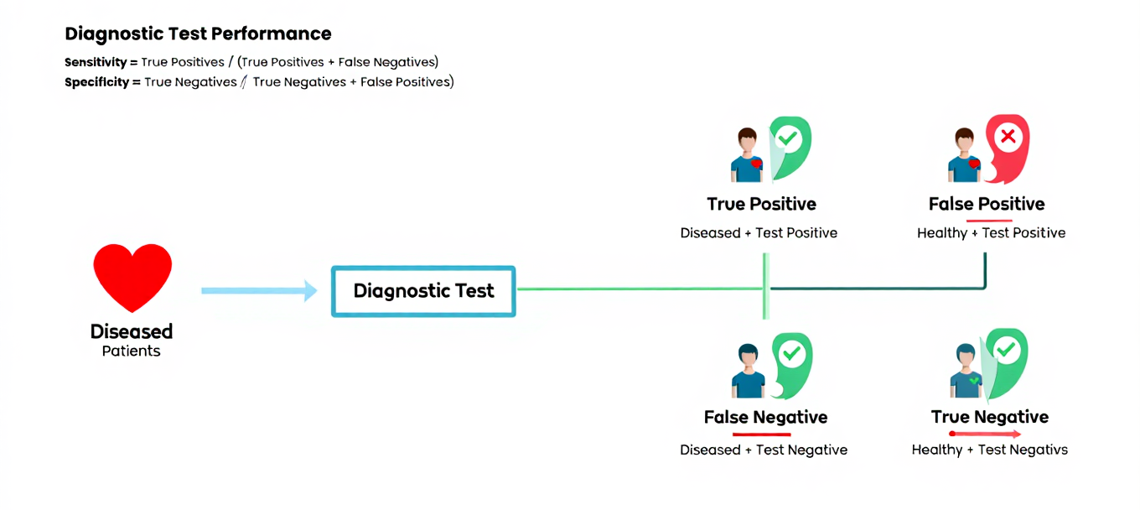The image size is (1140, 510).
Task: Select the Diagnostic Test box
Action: pyautogui.click(x=423, y=291)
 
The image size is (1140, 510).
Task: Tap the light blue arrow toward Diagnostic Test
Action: pyautogui.click(x=259, y=291)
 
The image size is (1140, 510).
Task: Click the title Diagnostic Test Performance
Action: pyautogui.click(x=198, y=34)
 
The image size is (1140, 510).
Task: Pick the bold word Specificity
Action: pyautogui.click(x=96, y=82)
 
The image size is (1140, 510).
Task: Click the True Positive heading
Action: pyautogui.click(x=761, y=204)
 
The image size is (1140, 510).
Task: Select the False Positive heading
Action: pyautogui.click(x=987, y=204)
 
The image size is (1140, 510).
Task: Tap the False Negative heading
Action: pyautogui.click(x=765, y=417)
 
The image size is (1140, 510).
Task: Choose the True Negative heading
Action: pyautogui.click(x=989, y=417)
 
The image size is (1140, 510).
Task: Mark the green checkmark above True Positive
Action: pyautogui.click(x=787, y=137)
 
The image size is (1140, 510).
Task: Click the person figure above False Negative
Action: pyautogui.click(x=748, y=372)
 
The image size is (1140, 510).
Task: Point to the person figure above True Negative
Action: pyautogui.click(x=966, y=372)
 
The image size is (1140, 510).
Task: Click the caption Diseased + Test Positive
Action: pyautogui.click(x=759, y=233)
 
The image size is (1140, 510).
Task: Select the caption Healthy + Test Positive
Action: pyautogui.click(x=991, y=233)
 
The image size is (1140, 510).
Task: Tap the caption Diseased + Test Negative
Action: pyautogui.click(x=764, y=450)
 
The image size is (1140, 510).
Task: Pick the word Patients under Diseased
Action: pyautogui.click(x=131, y=351)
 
